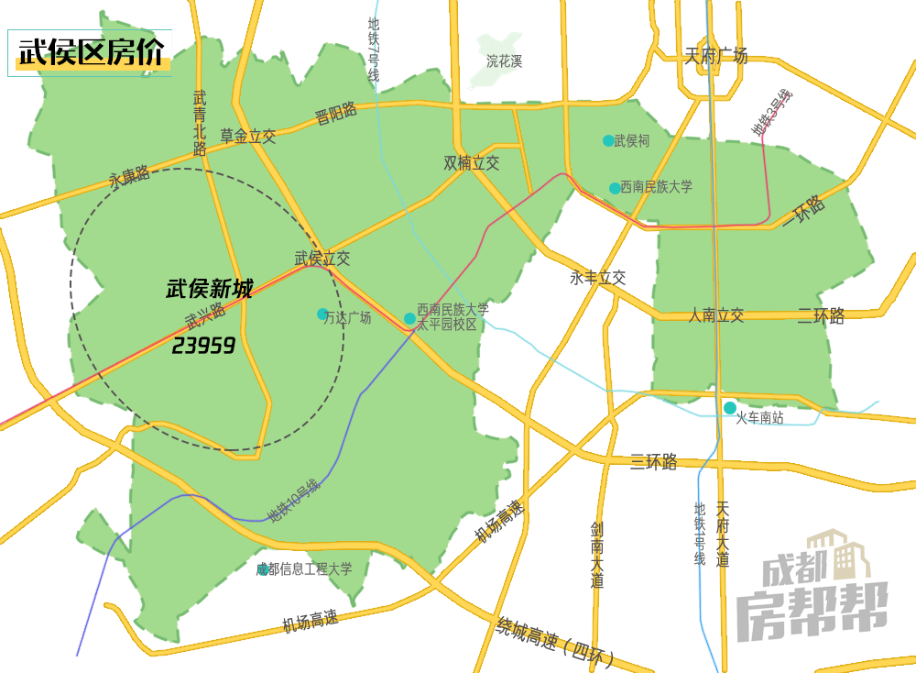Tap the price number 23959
[203, 346]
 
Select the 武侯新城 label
[209, 290]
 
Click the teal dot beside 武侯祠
[608, 140]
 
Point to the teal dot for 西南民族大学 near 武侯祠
[615, 188]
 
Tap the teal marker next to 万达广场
[322, 314]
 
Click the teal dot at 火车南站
[730, 408]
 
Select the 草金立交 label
[247, 137]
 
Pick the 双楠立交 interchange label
[472, 163]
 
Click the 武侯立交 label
[322, 259]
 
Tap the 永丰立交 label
[597, 277]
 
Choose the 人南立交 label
[716, 315]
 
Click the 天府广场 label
[716, 56]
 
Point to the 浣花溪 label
[505, 61]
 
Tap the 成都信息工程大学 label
[304, 569]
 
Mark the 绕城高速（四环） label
[555, 641]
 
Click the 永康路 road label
[129, 176]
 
